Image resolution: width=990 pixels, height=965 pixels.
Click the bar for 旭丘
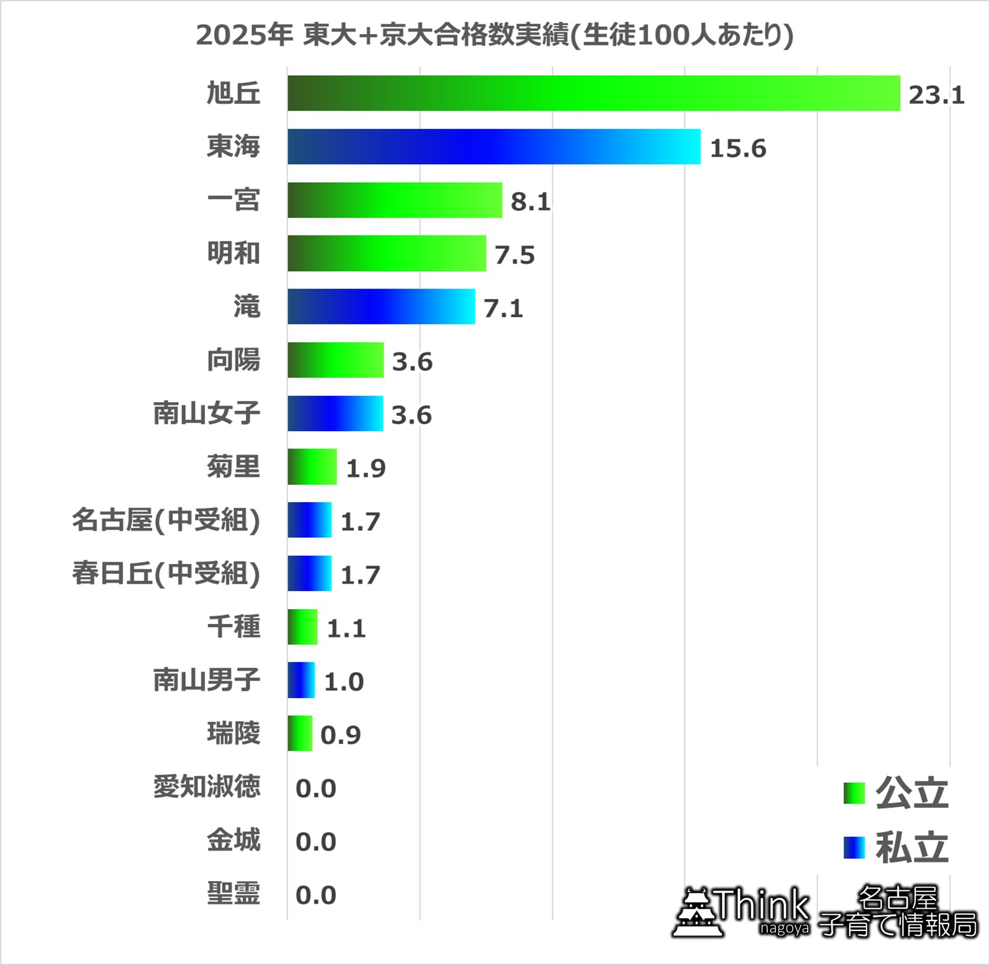click(x=594, y=93)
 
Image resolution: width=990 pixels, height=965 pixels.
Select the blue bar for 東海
click(x=494, y=147)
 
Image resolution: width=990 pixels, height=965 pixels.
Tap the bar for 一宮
click(x=395, y=200)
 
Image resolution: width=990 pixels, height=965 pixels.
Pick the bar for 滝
click(x=381, y=306)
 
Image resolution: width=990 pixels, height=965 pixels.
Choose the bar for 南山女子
click(x=335, y=413)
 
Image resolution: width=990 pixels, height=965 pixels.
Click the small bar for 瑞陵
click(x=300, y=733)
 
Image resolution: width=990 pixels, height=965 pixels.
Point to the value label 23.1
click(x=936, y=95)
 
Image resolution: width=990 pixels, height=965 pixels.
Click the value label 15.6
click(x=738, y=148)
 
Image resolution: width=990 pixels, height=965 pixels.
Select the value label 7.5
click(x=514, y=255)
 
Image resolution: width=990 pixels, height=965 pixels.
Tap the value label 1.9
click(x=366, y=468)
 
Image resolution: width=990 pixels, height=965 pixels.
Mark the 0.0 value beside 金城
click(x=316, y=841)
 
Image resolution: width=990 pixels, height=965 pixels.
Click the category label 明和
click(x=233, y=253)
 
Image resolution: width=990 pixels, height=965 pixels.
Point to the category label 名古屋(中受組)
click(x=166, y=520)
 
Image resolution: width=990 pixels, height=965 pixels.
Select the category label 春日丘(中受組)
click(x=166, y=573)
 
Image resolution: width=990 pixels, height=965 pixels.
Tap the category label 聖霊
click(x=233, y=894)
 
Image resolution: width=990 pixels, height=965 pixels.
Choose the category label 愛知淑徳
click(x=207, y=787)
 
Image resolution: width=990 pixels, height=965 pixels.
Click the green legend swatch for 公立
click(x=854, y=793)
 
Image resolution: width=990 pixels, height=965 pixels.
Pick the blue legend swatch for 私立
click(x=854, y=847)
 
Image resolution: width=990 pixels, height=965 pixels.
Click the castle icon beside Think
click(x=697, y=913)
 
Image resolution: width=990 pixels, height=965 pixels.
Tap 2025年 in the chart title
click(x=244, y=35)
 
